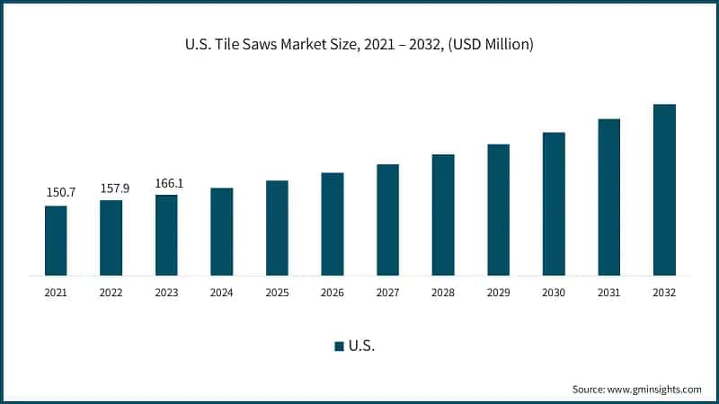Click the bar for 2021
(x=56, y=240)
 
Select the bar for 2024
(x=222, y=231)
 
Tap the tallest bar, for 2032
(x=664, y=189)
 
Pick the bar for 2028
(x=443, y=215)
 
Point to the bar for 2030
(x=554, y=203)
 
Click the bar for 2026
(x=333, y=224)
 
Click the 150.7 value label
(x=56, y=193)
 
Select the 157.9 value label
(x=111, y=188)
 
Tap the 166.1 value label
(x=166, y=182)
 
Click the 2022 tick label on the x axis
(x=111, y=293)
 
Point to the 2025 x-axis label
(x=277, y=293)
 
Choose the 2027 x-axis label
(x=387, y=293)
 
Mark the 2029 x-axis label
(x=498, y=293)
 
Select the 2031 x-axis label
(x=608, y=293)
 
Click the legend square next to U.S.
(x=339, y=347)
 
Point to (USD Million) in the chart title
(x=492, y=44)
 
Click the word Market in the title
(x=311, y=44)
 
